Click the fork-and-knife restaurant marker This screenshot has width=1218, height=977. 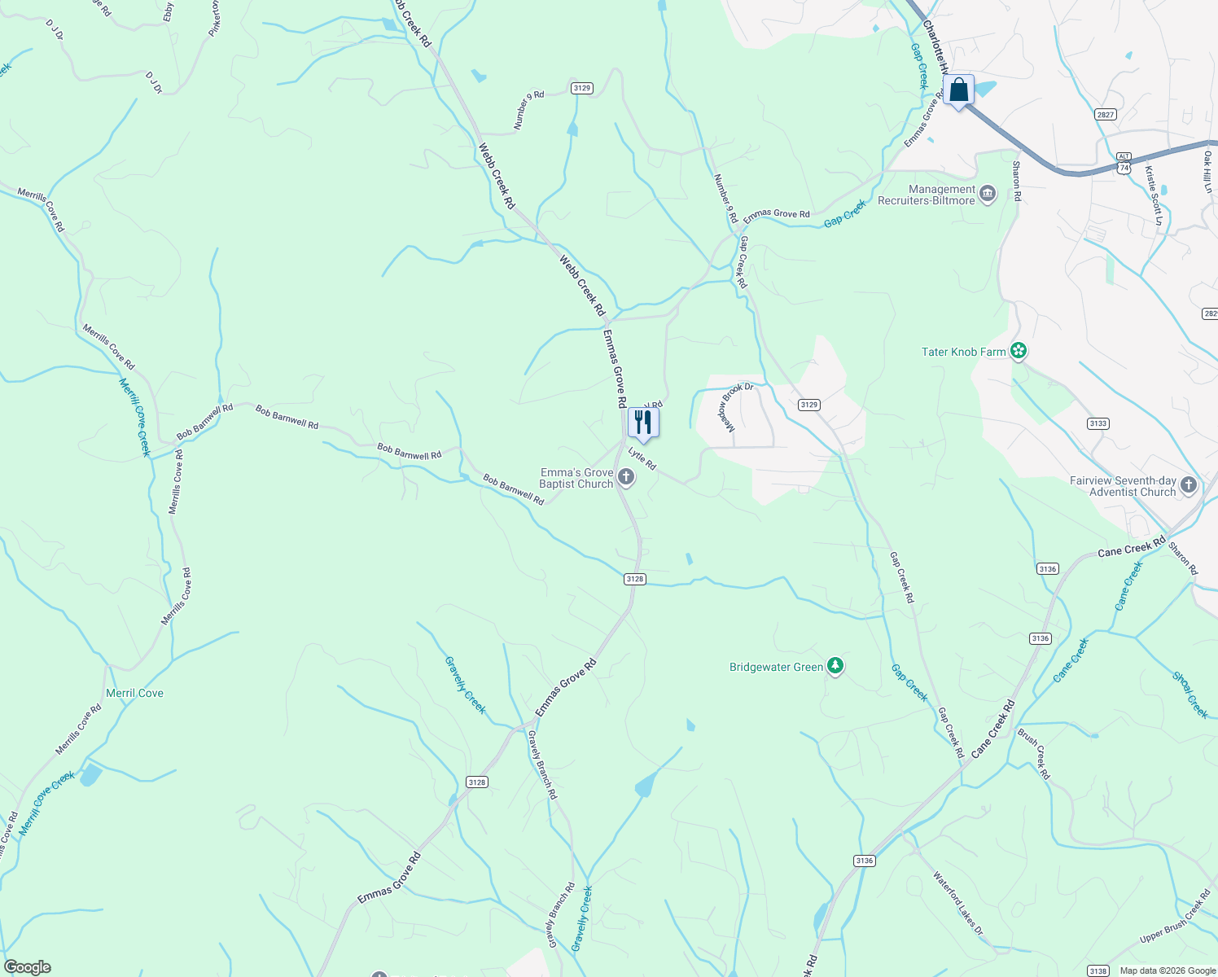(x=643, y=422)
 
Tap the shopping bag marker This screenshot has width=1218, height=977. (x=959, y=90)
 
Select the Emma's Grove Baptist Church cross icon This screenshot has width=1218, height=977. (x=626, y=477)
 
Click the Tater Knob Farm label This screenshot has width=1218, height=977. (x=963, y=352)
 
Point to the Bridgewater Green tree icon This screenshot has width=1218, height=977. (x=835, y=666)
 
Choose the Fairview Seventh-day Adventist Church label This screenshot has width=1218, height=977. (x=1122, y=487)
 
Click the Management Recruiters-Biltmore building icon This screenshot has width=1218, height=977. (x=988, y=194)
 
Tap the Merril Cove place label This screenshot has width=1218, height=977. (x=134, y=693)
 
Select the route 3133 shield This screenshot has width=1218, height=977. (x=1098, y=423)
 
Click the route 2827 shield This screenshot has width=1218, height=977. (x=1105, y=115)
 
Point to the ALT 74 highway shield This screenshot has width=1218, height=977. (x=1124, y=162)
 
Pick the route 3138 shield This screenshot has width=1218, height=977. (x=1098, y=970)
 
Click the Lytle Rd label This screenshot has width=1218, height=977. (x=642, y=459)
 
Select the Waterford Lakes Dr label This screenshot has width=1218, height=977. (x=958, y=903)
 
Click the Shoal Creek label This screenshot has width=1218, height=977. (x=1190, y=694)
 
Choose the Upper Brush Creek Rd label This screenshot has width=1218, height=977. (x=1175, y=917)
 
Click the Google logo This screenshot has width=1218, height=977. (x=28, y=967)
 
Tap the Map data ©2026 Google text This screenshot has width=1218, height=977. (x=1166, y=970)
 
